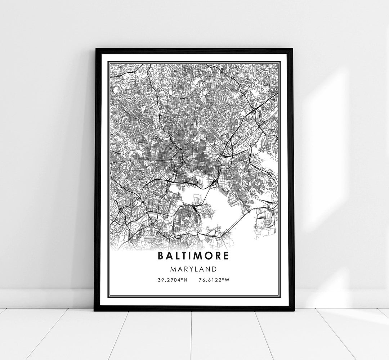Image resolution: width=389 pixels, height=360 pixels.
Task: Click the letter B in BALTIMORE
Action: [160, 256]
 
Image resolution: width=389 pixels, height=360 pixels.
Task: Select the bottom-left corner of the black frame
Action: [95, 310]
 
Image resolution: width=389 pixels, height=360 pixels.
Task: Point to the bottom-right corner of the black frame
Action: [294, 310]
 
